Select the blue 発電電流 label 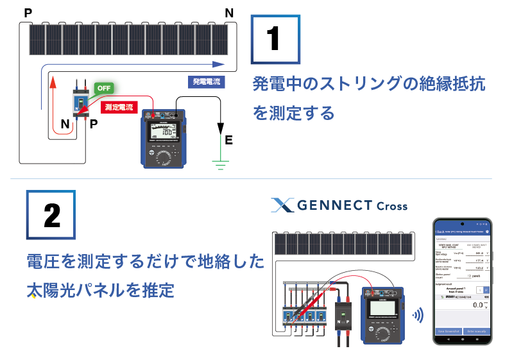pyautogui.click(x=206, y=81)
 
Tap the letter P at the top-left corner pyautogui.click(x=27, y=12)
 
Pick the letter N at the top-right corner pyautogui.click(x=230, y=12)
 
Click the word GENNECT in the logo pyautogui.click(x=334, y=205)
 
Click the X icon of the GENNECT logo pyautogui.click(x=282, y=205)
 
